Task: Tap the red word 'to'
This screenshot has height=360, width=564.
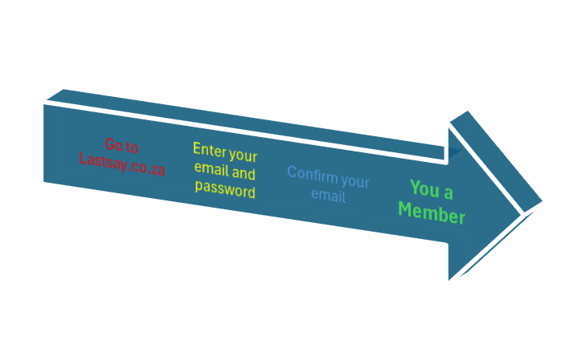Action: point(132,147)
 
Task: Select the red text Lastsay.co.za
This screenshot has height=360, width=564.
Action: point(122,160)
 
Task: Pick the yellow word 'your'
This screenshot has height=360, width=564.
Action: point(243,155)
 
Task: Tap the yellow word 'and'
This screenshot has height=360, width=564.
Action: point(244,173)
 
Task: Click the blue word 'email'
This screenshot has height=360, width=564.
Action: point(327,196)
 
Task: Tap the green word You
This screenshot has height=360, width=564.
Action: point(425,189)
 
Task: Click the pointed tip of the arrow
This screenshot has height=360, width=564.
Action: point(544,200)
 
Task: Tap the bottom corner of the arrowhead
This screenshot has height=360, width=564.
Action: point(447,282)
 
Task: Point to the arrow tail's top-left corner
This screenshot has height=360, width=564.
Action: point(43,103)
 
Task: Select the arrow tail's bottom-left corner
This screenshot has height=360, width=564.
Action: point(43,184)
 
